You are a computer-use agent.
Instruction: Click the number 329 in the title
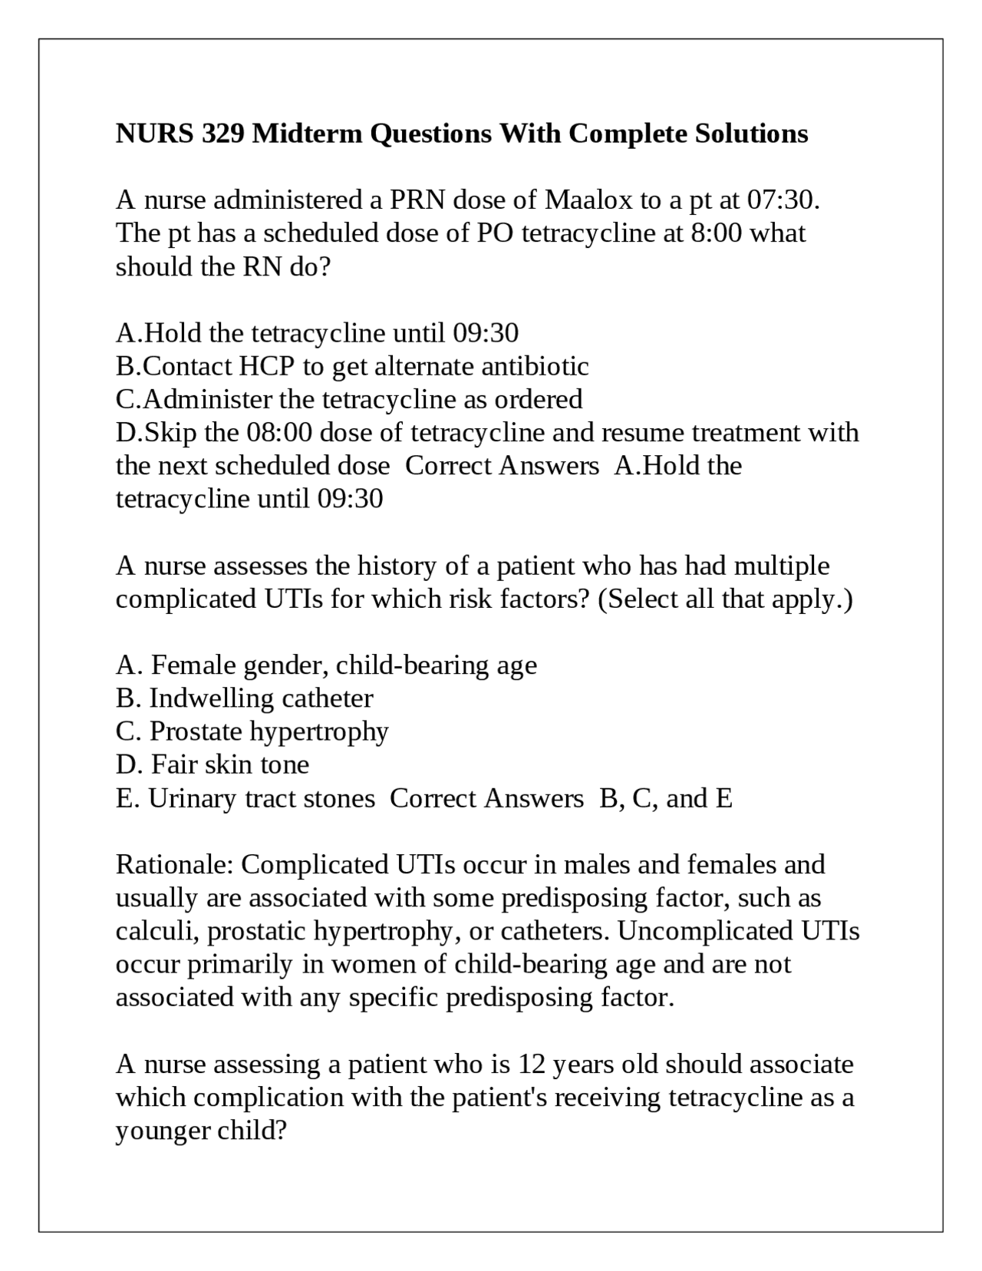[x=223, y=134]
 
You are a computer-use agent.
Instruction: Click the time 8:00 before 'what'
[x=716, y=233]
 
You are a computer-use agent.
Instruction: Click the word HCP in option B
[x=266, y=366]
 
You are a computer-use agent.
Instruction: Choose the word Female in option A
[x=193, y=665]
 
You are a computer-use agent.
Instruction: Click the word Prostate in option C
[x=196, y=731]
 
